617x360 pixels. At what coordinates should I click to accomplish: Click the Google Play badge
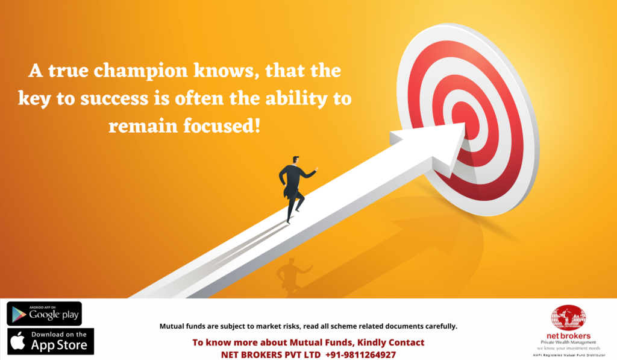click(44, 314)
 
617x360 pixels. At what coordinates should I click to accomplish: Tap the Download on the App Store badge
click(51, 341)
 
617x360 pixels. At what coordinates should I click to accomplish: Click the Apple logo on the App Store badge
click(17, 341)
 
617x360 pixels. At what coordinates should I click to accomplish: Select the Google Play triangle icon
click(18, 314)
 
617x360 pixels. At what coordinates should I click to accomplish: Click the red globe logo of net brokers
click(568, 318)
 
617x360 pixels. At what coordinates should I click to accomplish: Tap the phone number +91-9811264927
click(360, 355)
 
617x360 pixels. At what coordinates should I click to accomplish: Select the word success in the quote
click(114, 98)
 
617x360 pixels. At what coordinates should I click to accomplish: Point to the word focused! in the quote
click(222, 126)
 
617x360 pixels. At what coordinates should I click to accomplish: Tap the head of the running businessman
click(295, 160)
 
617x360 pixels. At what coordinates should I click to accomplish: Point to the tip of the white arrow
click(465, 124)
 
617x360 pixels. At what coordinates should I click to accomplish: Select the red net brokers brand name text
click(568, 336)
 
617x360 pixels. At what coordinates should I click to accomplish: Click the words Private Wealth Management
click(568, 343)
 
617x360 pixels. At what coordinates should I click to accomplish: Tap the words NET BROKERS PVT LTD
click(271, 355)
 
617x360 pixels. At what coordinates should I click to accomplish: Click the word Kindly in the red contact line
click(371, 343)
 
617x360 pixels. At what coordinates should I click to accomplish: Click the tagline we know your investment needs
click(569, 348)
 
